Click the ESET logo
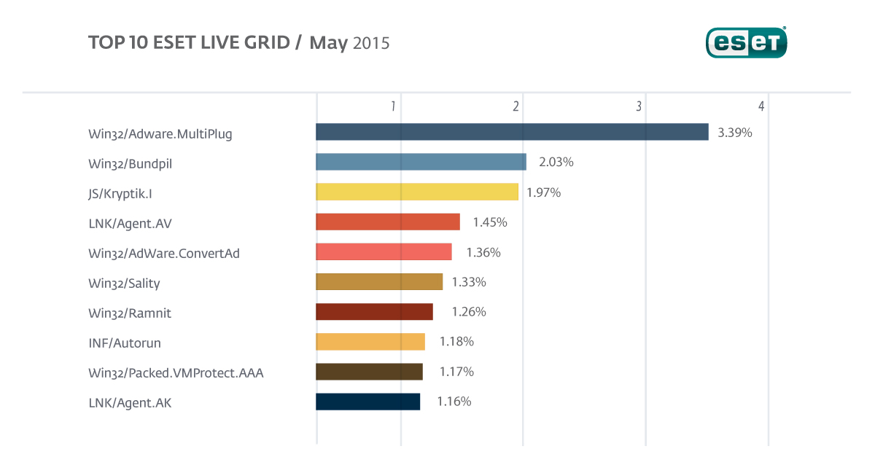(x=746, y=43)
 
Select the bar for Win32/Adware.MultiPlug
(x=512, y=132)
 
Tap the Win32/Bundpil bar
(x=421, y=162)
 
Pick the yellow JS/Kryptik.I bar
(x=417, y=192)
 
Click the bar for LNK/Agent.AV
(x=388, y=222)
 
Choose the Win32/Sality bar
(x=379, y=281)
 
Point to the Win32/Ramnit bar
(x=374, y=312)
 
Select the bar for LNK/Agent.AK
(x=367, y=402)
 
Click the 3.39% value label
(x=734, y=133)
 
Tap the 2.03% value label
(x=556, y=162)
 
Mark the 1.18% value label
(x=456, y=341)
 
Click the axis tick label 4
(x=761, y=106)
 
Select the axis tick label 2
(x=516, y=106)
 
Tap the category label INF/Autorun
(x=124, y=342)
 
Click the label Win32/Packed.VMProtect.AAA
(x=176, y=373)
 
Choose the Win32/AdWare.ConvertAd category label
(x=164, y=253)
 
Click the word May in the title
(x=328, y=43)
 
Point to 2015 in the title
(x=371, y=43)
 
